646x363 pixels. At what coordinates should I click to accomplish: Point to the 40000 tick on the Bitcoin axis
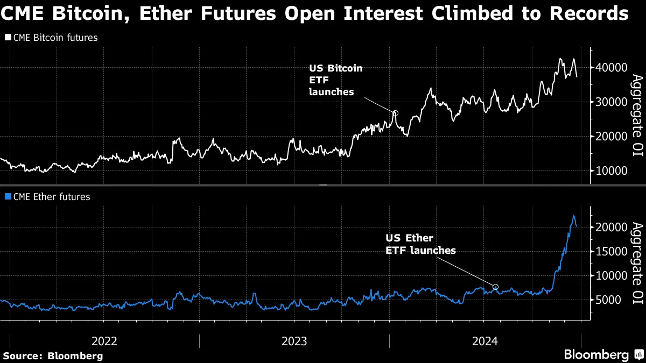point(612,68)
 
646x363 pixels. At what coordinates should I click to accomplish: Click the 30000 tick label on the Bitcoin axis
point(612,102)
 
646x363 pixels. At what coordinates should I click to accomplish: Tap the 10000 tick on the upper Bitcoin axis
point(612,170)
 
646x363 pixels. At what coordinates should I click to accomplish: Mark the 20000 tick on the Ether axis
point(612,227)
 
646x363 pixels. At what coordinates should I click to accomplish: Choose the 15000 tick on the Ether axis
point(612,251)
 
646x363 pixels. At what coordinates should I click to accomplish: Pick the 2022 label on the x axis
point(104,341)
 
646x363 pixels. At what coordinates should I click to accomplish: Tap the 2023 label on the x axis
point(294,341)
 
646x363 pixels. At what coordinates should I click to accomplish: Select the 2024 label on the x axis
point(484,341)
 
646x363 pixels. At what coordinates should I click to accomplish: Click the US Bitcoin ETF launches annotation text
point(335,80)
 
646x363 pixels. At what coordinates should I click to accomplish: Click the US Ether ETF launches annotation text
point(420,244)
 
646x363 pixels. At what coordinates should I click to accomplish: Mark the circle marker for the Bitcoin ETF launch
point(395,113)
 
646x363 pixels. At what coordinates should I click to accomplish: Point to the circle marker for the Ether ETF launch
point(496,287)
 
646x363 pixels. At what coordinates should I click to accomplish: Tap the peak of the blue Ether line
point(573,216)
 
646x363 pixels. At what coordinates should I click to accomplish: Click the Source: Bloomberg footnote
point(53,355)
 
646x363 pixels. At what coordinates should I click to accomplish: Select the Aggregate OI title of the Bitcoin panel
point(637,116)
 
